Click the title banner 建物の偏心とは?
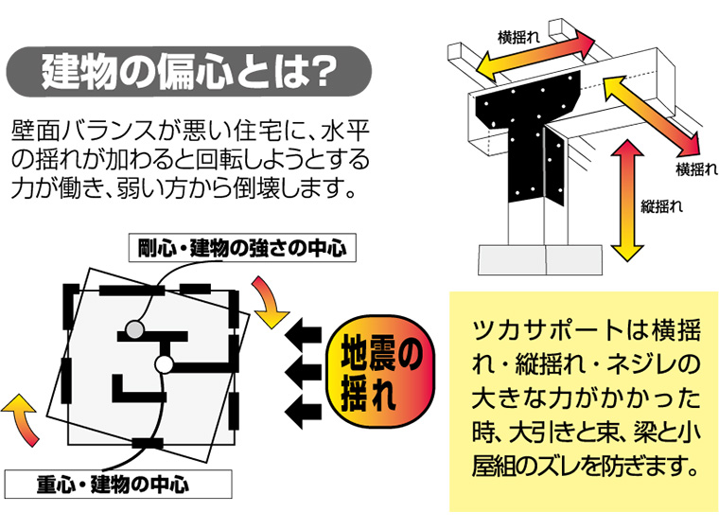(188, 73)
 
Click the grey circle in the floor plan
(135, 329)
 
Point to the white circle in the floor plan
(163, 363)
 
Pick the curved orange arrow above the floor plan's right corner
(267, 302)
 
